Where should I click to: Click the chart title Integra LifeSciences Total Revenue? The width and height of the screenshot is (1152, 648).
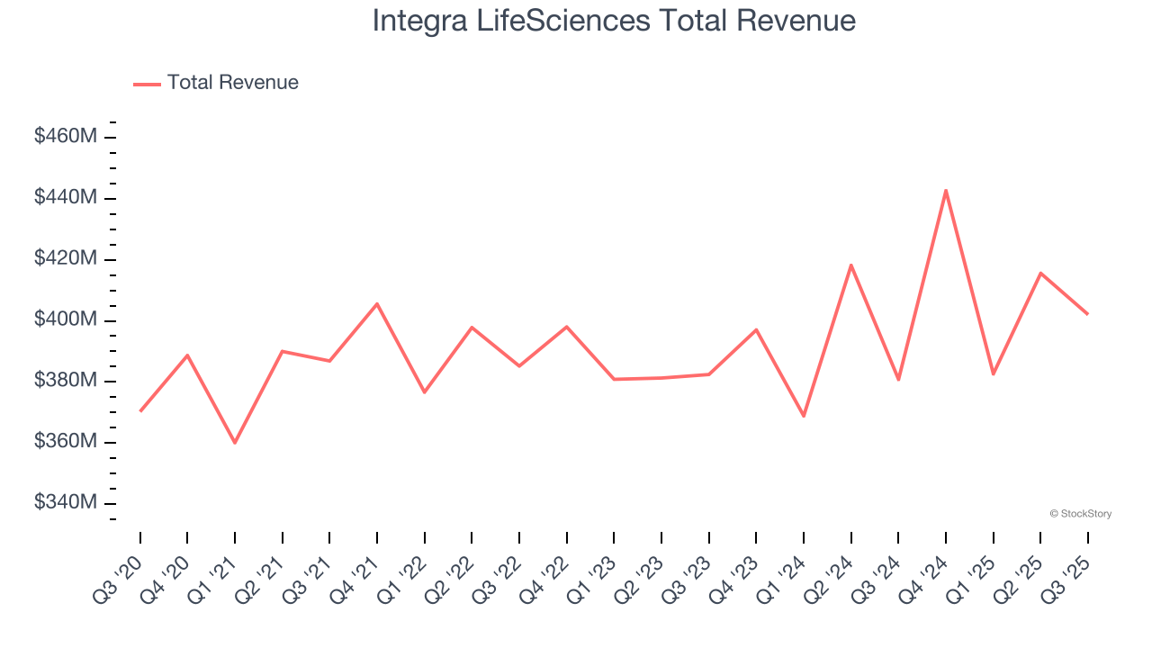tap(614, 21)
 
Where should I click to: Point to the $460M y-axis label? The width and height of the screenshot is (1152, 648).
tap(65, 137)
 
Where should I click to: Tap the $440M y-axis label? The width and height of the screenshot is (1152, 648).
tap(65, 197)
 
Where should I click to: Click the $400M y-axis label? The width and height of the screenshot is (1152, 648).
tap(65, 319)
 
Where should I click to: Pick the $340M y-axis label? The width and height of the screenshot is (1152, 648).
tap(65, 502)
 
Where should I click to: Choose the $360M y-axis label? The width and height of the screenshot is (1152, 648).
tap(65, 441)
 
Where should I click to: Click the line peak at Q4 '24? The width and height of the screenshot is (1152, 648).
tap(946, 190)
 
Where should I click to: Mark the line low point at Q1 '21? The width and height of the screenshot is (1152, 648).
tap(235, 443)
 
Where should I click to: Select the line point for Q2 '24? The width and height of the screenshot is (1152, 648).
tap(850, 265)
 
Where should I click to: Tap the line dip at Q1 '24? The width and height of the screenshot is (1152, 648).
tap(804, 416)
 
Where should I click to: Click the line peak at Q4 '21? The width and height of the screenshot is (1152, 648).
tap(377, 303)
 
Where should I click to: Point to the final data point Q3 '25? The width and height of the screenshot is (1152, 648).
tap(1087, 314)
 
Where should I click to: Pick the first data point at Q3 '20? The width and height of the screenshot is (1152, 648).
tap(140, 411)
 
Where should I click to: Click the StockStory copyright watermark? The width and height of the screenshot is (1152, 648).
tap(1080, 514)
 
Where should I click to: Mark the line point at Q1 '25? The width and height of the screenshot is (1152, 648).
tap(993, 374)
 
